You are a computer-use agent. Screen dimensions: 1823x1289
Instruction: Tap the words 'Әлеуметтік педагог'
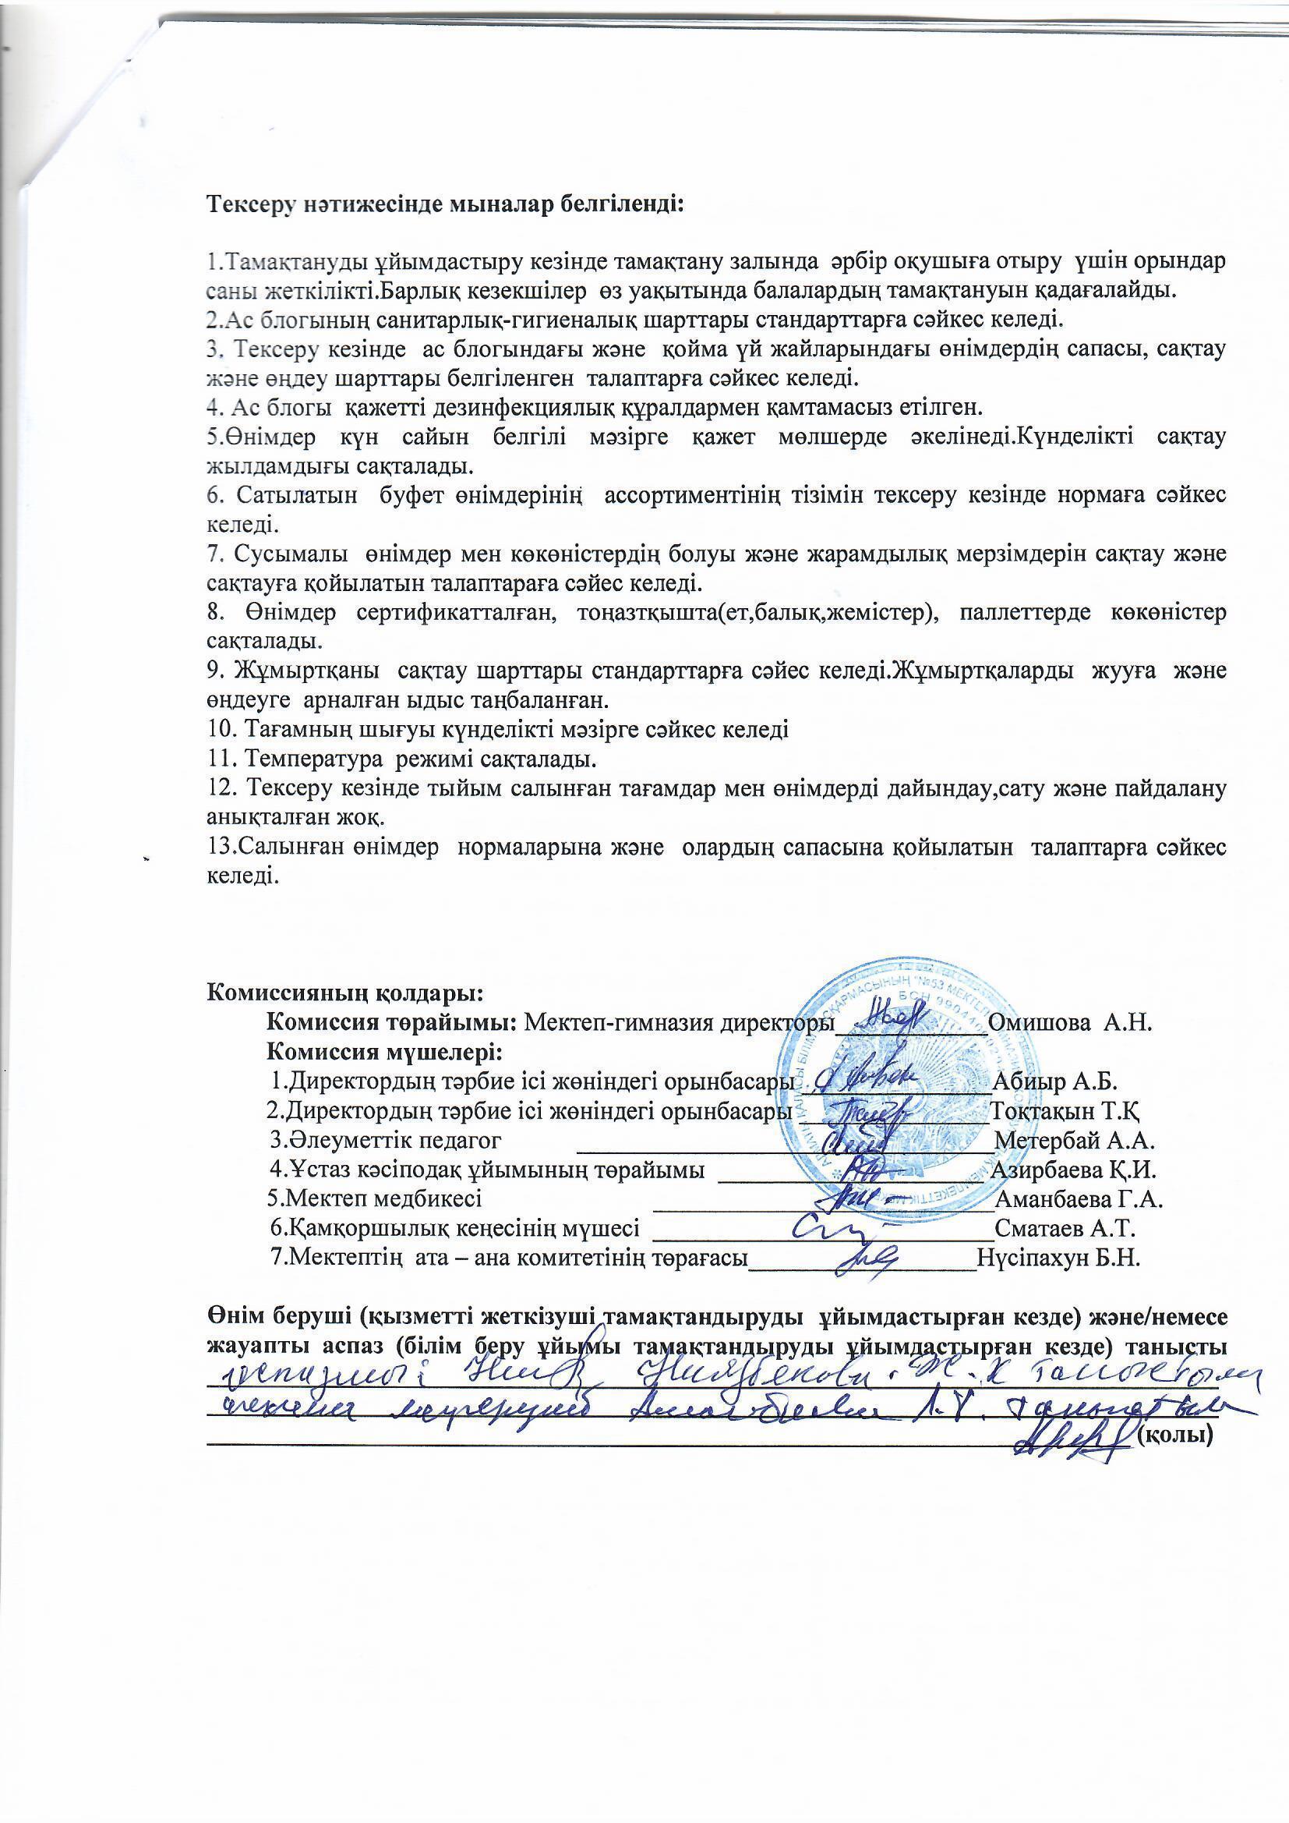386,1141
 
